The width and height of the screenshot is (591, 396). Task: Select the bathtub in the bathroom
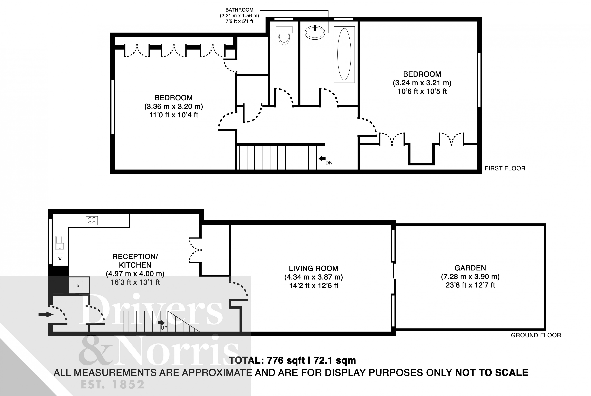point(344,54)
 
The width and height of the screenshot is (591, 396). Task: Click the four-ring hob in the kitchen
point(92,220)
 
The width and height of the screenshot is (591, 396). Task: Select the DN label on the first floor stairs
point(329,163)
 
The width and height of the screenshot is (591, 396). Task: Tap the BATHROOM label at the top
point(239,10)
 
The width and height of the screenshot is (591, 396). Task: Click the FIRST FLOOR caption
point(505,168)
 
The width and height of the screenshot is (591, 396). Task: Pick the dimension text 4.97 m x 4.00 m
point(135,274)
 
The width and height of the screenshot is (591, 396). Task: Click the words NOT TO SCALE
point(491,373)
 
